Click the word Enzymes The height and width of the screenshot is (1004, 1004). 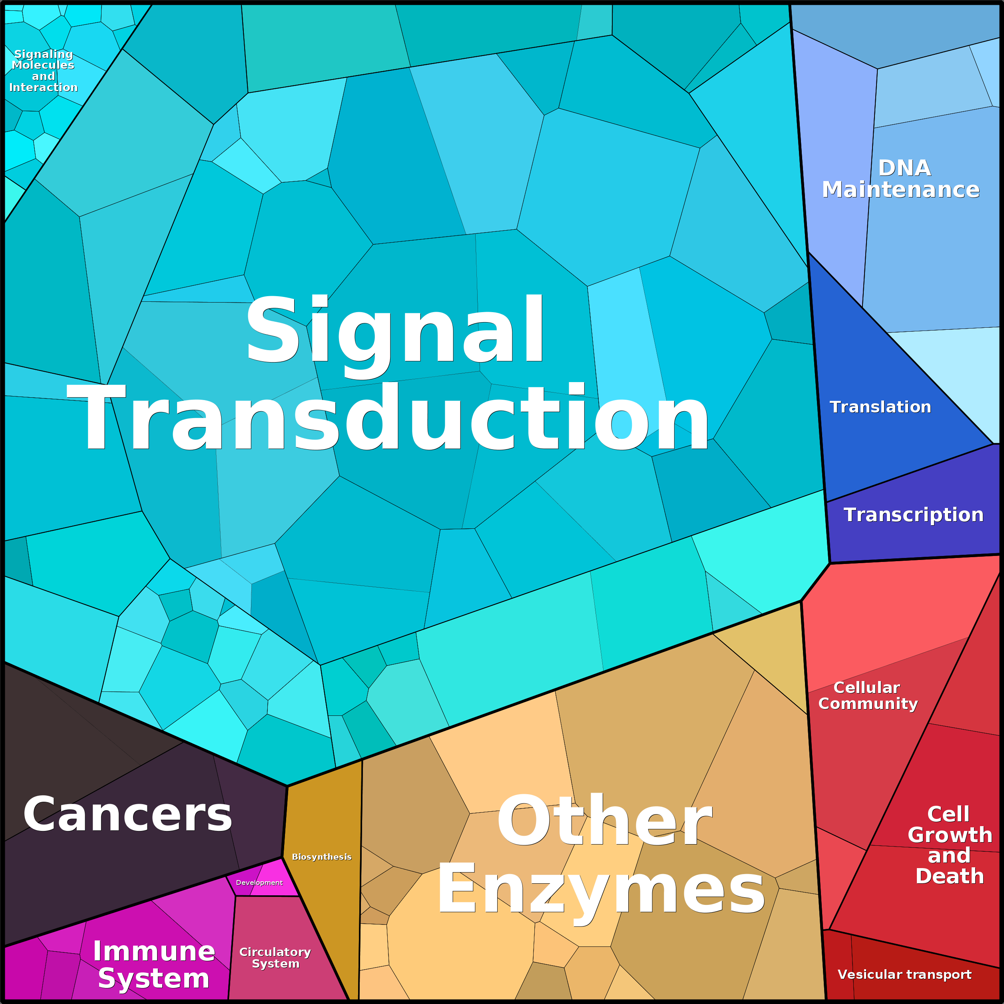coord(601,891)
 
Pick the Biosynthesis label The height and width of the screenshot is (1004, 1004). coord(322,857)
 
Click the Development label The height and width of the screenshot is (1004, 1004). coord(259,882)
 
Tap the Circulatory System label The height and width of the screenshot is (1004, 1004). coord(275,957)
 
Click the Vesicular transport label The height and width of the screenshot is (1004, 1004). coord(905,974)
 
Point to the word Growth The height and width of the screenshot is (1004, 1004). coord(950,835)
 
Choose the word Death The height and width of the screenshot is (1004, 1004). coord(950,876)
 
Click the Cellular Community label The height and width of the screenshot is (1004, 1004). coord(868,695)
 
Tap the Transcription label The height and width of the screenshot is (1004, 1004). coord(914,514)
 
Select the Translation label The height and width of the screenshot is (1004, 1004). coord(880,406)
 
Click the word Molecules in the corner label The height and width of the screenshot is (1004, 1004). coord(43,65)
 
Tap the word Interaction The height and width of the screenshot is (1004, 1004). coord(44,87)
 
